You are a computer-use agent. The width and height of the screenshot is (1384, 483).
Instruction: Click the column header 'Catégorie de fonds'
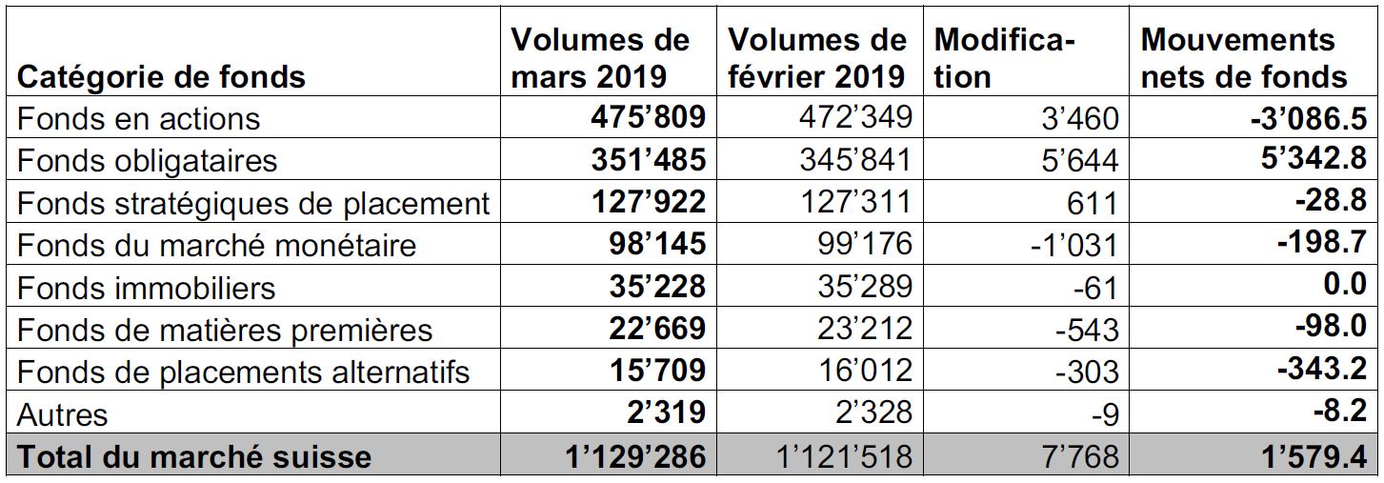161,77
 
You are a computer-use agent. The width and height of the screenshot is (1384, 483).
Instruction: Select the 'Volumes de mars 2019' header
600,59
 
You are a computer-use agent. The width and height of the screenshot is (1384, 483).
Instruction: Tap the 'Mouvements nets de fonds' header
1244,59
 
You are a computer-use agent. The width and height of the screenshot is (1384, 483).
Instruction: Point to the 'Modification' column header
1005,59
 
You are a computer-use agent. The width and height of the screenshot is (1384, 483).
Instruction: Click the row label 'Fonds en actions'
138,118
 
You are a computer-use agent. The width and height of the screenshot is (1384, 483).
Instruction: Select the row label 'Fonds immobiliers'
146,288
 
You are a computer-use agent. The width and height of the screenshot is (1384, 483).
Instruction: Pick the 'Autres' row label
63,414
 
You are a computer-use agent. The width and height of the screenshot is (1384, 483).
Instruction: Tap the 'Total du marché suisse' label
194,457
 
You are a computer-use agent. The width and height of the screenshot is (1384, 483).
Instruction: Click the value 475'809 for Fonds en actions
648,117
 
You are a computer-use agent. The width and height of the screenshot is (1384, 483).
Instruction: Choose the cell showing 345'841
855,159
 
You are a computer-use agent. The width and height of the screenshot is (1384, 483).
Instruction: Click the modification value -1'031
1074,246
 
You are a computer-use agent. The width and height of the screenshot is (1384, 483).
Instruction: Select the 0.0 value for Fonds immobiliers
1345,284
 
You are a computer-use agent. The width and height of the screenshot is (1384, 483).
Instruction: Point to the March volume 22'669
657,328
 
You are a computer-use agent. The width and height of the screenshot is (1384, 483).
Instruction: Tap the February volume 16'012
865,370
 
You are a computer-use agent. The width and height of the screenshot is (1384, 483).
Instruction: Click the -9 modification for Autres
1105,414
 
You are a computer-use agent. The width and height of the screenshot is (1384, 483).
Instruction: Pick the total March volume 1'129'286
635,457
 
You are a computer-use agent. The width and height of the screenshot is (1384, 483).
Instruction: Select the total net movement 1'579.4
1314,457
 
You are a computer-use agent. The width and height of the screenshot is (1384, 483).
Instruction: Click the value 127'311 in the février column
855,201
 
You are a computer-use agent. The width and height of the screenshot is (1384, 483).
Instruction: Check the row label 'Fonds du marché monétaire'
216,245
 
